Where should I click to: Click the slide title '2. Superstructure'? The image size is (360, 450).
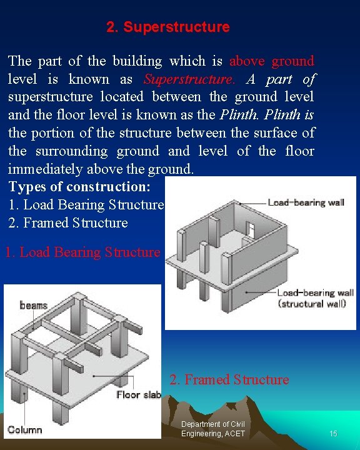point(167,27)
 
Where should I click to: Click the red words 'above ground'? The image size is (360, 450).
point(271,61)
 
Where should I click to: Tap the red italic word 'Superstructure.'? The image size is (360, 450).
point(189,79)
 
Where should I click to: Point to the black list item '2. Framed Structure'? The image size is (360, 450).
point(68,223)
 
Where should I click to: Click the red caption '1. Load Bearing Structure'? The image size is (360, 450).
point(82,252)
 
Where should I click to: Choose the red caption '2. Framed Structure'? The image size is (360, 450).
point(229,380)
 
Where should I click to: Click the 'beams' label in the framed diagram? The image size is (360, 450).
point(34,305)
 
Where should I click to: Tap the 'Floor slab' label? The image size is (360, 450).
point(138,395)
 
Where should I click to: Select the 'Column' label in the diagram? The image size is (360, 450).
point(25,429)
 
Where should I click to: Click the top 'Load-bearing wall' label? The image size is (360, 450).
point(306,202)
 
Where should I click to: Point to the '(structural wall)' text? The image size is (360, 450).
point(312,304)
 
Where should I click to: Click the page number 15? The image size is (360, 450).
point(333,434)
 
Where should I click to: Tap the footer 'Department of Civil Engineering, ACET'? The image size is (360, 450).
point(212,429)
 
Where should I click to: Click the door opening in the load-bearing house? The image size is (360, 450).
point(251,229)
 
